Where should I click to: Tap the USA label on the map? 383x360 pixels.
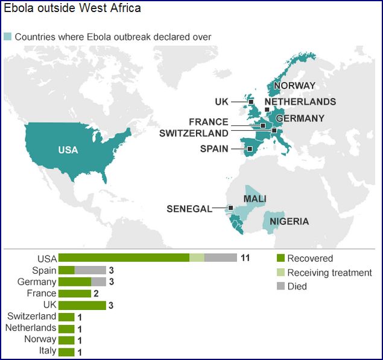pyautogui.click(x=68, y=150)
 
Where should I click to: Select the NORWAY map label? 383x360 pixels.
pyautogui.click(x=294, y=86)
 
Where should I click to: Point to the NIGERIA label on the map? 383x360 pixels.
pyautogui.click(x=289, y=221)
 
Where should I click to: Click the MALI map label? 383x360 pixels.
pyautogui.click(x=255, y=198)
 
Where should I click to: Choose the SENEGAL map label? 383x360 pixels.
pyautogui.click(x=189, y=209)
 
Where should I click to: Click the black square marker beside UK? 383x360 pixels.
pyautogui.click(x=252, y=102)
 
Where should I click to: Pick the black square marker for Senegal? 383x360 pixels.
pyautogui.click(x=231, y=208)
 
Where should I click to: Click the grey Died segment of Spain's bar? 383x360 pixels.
pyautogui.click(x=90, y=270)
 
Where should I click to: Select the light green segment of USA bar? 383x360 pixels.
pyautogui.click(x=197, y=258)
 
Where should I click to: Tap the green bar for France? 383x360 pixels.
pyautogui.click(x=74, y=294)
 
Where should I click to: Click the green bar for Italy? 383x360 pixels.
pyautogui.click(x=66, y=352)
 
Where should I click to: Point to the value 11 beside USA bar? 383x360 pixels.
pyautogui.click(x=245, y=258)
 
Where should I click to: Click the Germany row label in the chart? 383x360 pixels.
pyautogui.click(x=37, y=282)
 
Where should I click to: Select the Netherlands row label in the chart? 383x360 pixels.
pyautogui.click(x=31, y=328)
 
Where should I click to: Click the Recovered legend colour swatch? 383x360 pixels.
pyautogui.click(x=280, y=259)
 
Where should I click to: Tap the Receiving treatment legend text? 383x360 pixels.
pyautogui.click(x=329, y=273)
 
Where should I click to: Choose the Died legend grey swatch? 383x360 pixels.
pyautogui.click(x=280, y=286)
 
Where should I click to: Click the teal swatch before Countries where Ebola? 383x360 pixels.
pyautogui.click(x=7, y=37)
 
